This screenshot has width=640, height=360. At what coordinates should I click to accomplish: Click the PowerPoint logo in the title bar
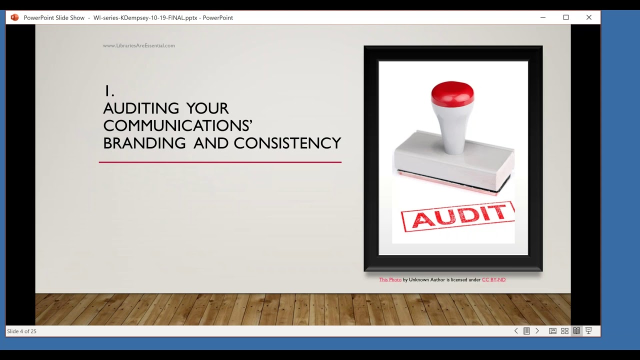tap(14, 17)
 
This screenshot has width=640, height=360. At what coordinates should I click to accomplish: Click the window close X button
tap(589, 17)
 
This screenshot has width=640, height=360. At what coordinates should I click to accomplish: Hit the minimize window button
tap(543, 17)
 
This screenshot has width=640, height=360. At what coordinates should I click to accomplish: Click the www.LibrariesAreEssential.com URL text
tap(138, 45)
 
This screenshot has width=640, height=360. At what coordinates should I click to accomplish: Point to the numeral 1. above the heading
tap(109, 91)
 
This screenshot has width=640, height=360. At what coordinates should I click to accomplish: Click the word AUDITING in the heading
tap(141, 108)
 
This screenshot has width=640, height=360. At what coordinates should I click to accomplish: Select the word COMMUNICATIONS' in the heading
tap(177, 125)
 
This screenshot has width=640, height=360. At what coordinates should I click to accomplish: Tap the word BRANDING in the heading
tap(144, 143)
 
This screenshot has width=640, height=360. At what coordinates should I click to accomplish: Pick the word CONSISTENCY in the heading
tap(287, 143)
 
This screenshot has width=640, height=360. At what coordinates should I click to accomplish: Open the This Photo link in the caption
tap(390, 280)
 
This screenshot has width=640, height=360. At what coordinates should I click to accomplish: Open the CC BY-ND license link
tap(493, 280)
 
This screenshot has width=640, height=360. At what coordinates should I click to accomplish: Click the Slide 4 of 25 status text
tap(21, 331)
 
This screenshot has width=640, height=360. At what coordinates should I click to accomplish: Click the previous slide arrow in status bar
tap(516, 331)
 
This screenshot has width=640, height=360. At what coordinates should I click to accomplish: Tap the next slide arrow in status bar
tap(537, 331)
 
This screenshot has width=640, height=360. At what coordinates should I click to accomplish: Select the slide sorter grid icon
tap(564, 331)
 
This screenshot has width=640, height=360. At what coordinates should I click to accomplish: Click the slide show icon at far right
tap(588, 331)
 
